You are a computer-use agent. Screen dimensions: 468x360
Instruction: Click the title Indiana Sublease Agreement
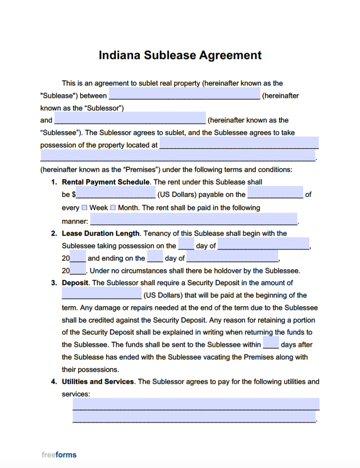tap(180, 55)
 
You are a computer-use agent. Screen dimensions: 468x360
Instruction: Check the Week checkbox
tap(85, 207)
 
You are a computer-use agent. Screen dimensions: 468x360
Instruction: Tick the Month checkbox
tap(113, 207)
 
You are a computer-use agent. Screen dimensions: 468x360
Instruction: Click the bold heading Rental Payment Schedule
tap(106, 182)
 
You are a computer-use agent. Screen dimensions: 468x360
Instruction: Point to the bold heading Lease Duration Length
tap(101, 234)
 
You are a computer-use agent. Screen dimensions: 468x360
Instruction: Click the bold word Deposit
tap(75, 283)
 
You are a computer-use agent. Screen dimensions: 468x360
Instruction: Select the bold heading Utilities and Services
tap(98, 382)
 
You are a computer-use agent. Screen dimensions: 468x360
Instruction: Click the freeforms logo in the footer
tap(59, 455)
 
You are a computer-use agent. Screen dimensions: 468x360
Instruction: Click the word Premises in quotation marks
tap(141, 170)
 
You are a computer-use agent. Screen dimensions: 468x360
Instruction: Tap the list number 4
tap(54, 382)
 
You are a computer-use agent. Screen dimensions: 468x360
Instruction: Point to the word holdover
tap(220, 271)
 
